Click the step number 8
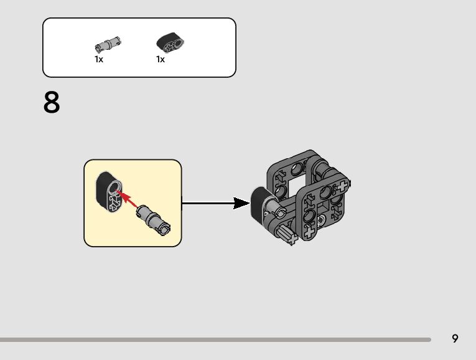click(52, 103)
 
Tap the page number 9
click(455, 339)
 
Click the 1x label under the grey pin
click(99, 60)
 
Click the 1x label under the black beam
click(161, 60)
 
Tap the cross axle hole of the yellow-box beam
click(113, 202)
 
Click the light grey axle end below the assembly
click(287, 235)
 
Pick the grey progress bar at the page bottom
click(215, 339)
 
